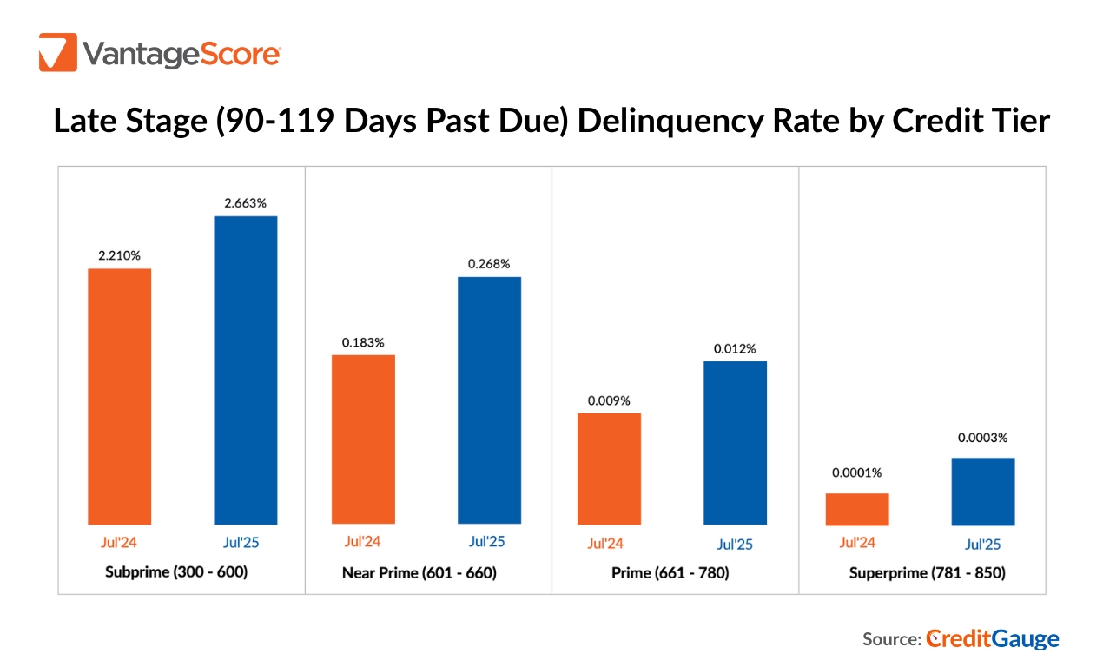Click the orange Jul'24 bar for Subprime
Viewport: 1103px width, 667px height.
pos(120,396)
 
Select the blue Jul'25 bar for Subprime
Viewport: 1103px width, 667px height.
pos(245,370)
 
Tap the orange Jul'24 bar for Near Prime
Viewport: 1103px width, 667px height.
pos(363,439)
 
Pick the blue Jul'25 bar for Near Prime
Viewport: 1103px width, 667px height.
pos(489,400)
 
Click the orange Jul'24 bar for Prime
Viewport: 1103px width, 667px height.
pos(609,469)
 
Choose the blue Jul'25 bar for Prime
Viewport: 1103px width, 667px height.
pos(735,443)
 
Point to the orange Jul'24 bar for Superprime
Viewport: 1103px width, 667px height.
pos(857,509)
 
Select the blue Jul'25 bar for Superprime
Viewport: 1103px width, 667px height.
pos(983,492)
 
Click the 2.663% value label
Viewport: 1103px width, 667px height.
pos(245,203)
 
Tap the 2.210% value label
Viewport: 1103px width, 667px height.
pos(119,255)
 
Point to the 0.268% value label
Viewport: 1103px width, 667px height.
pos(489,264)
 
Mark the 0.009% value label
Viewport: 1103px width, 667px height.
pos(609,400)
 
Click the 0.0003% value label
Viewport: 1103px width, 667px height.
pos(983,439)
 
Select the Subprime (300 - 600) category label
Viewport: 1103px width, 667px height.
pos(176,572)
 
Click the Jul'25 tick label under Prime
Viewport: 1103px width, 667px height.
pos(735,545)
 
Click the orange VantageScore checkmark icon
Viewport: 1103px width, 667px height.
pos(58,52)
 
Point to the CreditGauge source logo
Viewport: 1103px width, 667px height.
pos(993,639)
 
